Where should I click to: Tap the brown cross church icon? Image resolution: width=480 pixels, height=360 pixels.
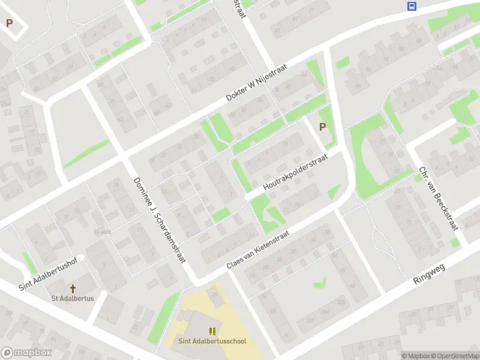[73, 289]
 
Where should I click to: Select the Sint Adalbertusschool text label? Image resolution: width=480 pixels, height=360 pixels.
[212, 341]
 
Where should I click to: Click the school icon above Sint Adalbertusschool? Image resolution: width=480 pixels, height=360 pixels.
[212, 331]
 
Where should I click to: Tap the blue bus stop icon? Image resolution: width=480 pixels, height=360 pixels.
[412, 6]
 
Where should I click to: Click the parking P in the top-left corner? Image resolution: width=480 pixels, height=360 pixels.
[9, 23]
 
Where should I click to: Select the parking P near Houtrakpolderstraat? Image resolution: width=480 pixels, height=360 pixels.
[322, 127]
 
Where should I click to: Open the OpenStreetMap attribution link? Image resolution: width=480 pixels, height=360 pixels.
[455, 356]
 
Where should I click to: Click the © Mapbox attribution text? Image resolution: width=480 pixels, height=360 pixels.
[417, 356]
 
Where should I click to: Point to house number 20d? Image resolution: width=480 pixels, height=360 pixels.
[325, 312]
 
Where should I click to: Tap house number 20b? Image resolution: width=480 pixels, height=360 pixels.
[341, 302]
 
